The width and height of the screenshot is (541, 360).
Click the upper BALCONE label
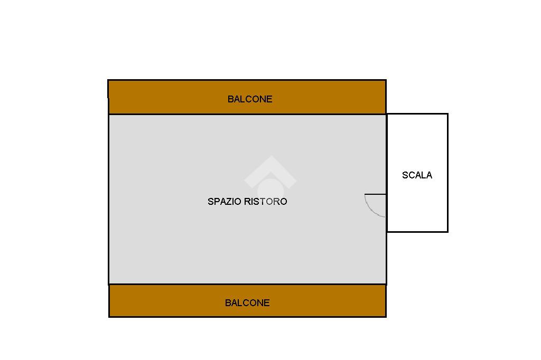250,99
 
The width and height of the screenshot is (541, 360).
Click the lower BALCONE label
247,303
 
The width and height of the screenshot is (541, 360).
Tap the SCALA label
417,175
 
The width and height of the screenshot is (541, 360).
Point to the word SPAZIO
225,202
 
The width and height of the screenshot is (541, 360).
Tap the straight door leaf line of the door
375,194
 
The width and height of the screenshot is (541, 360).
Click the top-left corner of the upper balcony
108,80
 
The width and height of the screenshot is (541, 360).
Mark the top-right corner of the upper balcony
386,80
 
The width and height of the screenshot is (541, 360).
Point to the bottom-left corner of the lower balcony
109,316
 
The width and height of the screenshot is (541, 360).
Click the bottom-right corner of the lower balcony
386,317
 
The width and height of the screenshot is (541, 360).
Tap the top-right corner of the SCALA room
447,114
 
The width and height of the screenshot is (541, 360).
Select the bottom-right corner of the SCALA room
447,231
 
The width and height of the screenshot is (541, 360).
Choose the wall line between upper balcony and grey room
247,114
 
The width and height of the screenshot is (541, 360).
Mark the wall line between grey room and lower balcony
247,284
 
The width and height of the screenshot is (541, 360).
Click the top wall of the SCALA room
417,114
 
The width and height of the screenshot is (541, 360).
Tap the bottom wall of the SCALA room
417,231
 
